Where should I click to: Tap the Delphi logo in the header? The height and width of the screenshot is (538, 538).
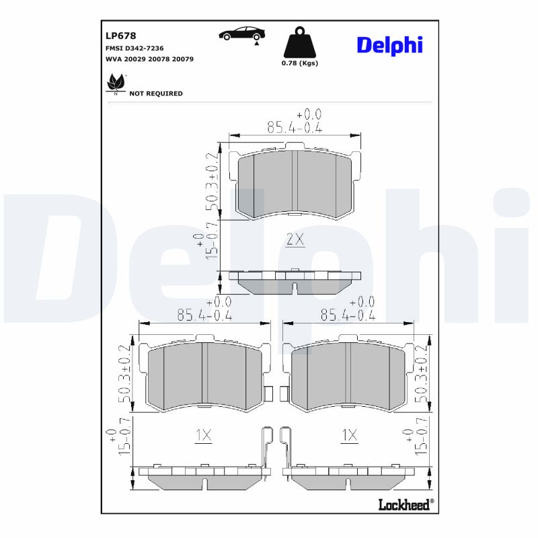pos(389,45)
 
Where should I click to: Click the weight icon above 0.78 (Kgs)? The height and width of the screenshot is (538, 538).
pos(299,43)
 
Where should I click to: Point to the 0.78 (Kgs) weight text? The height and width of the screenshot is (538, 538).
pos(299,63)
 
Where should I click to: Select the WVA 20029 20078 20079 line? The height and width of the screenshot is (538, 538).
pos(150,59)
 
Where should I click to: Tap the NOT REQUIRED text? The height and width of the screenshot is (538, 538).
pos(155,93)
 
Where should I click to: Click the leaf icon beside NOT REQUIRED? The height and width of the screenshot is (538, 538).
pos(116,84)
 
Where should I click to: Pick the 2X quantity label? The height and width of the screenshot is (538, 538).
pos(295,239)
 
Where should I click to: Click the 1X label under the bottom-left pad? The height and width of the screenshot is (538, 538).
pos(203,436)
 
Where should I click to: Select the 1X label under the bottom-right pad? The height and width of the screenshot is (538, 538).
pos(348,436)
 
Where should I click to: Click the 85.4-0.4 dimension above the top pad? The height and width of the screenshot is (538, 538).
pos(295,126)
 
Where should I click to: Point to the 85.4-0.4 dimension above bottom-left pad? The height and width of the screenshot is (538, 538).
pos(204,314)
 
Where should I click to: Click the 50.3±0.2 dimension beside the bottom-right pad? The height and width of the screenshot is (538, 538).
pos(422,374)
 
